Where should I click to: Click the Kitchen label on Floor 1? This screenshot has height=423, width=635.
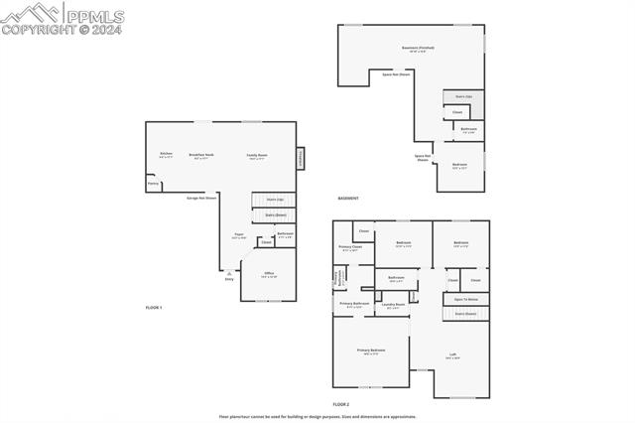click(x=166, y=154)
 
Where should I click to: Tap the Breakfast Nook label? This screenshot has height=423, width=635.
click(x=202, y=155)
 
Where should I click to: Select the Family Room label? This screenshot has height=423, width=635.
click(x=258, y=156)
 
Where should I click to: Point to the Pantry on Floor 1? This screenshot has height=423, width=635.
click(x=153, y=184)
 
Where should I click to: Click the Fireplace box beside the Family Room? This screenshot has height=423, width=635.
click(x=301, y=159)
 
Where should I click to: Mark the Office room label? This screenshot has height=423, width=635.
click(x=269, y=274)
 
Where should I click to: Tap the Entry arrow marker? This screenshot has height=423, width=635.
click(x=229, y=275)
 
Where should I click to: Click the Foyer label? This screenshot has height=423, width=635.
click(x=238, y=236)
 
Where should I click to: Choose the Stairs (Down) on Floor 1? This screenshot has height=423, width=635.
click(x=275, y=214)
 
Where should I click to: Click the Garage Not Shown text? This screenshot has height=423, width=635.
click(x=201, y=198)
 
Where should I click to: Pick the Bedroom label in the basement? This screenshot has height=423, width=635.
click(x=459, y=165)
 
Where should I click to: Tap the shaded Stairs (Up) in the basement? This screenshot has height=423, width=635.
click(x=463, y=96)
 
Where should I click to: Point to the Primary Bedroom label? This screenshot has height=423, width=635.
click(x=371, y=352)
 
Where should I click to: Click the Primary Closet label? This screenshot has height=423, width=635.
click(x=350, y=247)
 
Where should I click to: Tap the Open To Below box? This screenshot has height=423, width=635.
click(x=465, y=298)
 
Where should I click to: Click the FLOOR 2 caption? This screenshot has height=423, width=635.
click(x=341, y=405)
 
